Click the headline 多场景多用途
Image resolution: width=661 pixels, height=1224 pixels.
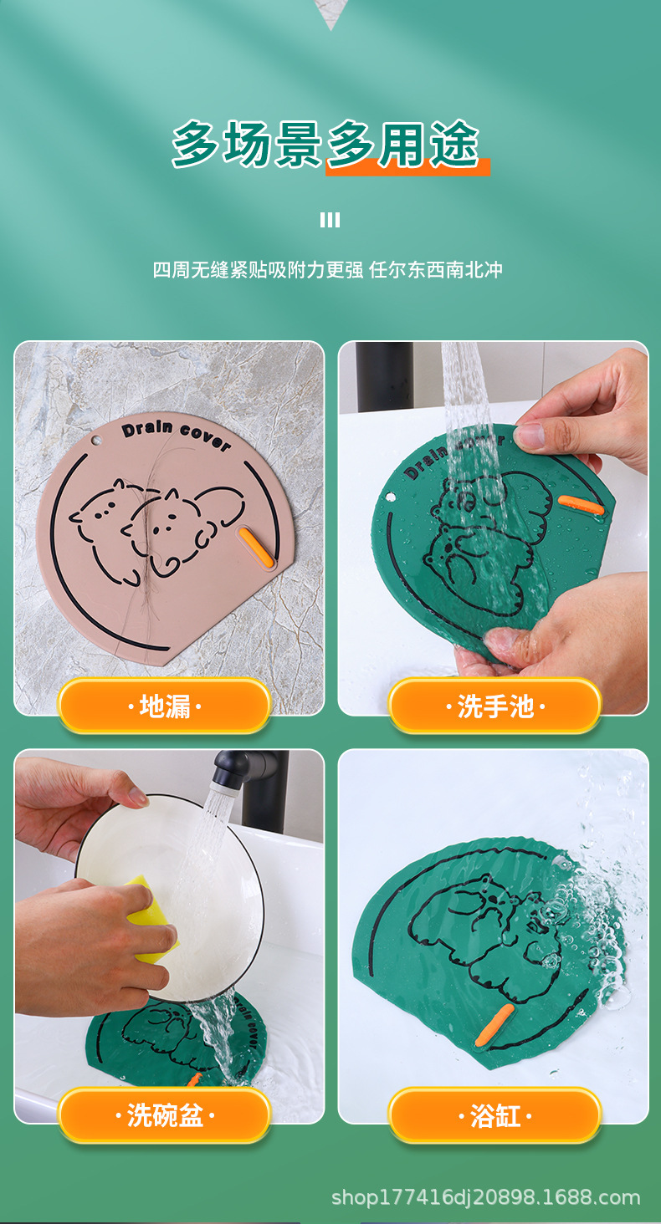click(x=326, y=145)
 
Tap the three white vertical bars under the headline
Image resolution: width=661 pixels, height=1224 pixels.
click(x=330, y=220)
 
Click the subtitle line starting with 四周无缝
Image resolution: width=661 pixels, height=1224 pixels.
click(x=327, y=270)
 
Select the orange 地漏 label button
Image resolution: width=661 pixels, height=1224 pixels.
click(x=164, y=706)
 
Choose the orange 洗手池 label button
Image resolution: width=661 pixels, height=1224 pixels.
click(x=494, y=706)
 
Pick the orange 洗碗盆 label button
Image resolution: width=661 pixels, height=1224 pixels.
click(x=164, y=1114)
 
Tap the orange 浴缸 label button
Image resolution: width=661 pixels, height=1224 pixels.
click(x=494, y=1114)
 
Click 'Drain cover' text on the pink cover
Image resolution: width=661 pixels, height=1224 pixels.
click(x=176, y=435)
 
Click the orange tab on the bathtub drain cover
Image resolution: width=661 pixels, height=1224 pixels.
click(x=494, y=1025)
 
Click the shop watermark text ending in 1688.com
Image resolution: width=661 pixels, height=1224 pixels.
click(x=485, y=1197)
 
